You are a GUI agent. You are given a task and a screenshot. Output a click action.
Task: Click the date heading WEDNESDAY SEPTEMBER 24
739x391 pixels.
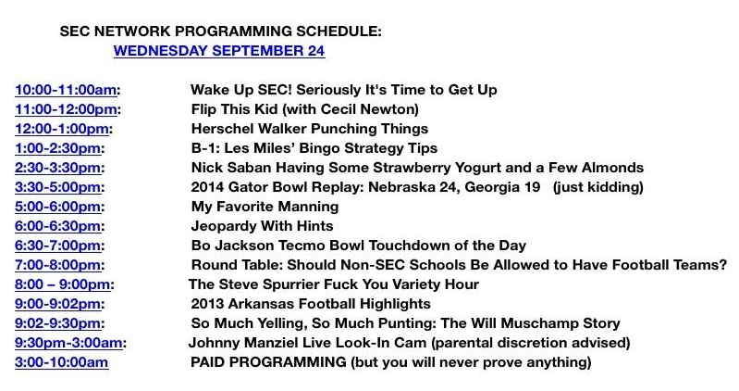219,51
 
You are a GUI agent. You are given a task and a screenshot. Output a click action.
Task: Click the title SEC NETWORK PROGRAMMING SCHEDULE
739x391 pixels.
220,31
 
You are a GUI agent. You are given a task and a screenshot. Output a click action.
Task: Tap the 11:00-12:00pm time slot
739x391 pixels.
66,109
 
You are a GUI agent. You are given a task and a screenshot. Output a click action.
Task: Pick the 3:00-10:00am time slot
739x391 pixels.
61,362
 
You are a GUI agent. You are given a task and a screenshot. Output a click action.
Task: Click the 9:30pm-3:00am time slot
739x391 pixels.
68,343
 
